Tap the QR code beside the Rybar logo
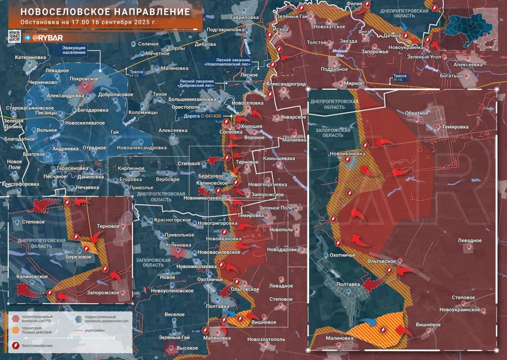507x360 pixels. click(14, 36)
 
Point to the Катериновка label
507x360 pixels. click(31, 57)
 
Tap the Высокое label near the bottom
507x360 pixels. click(187, 348)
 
